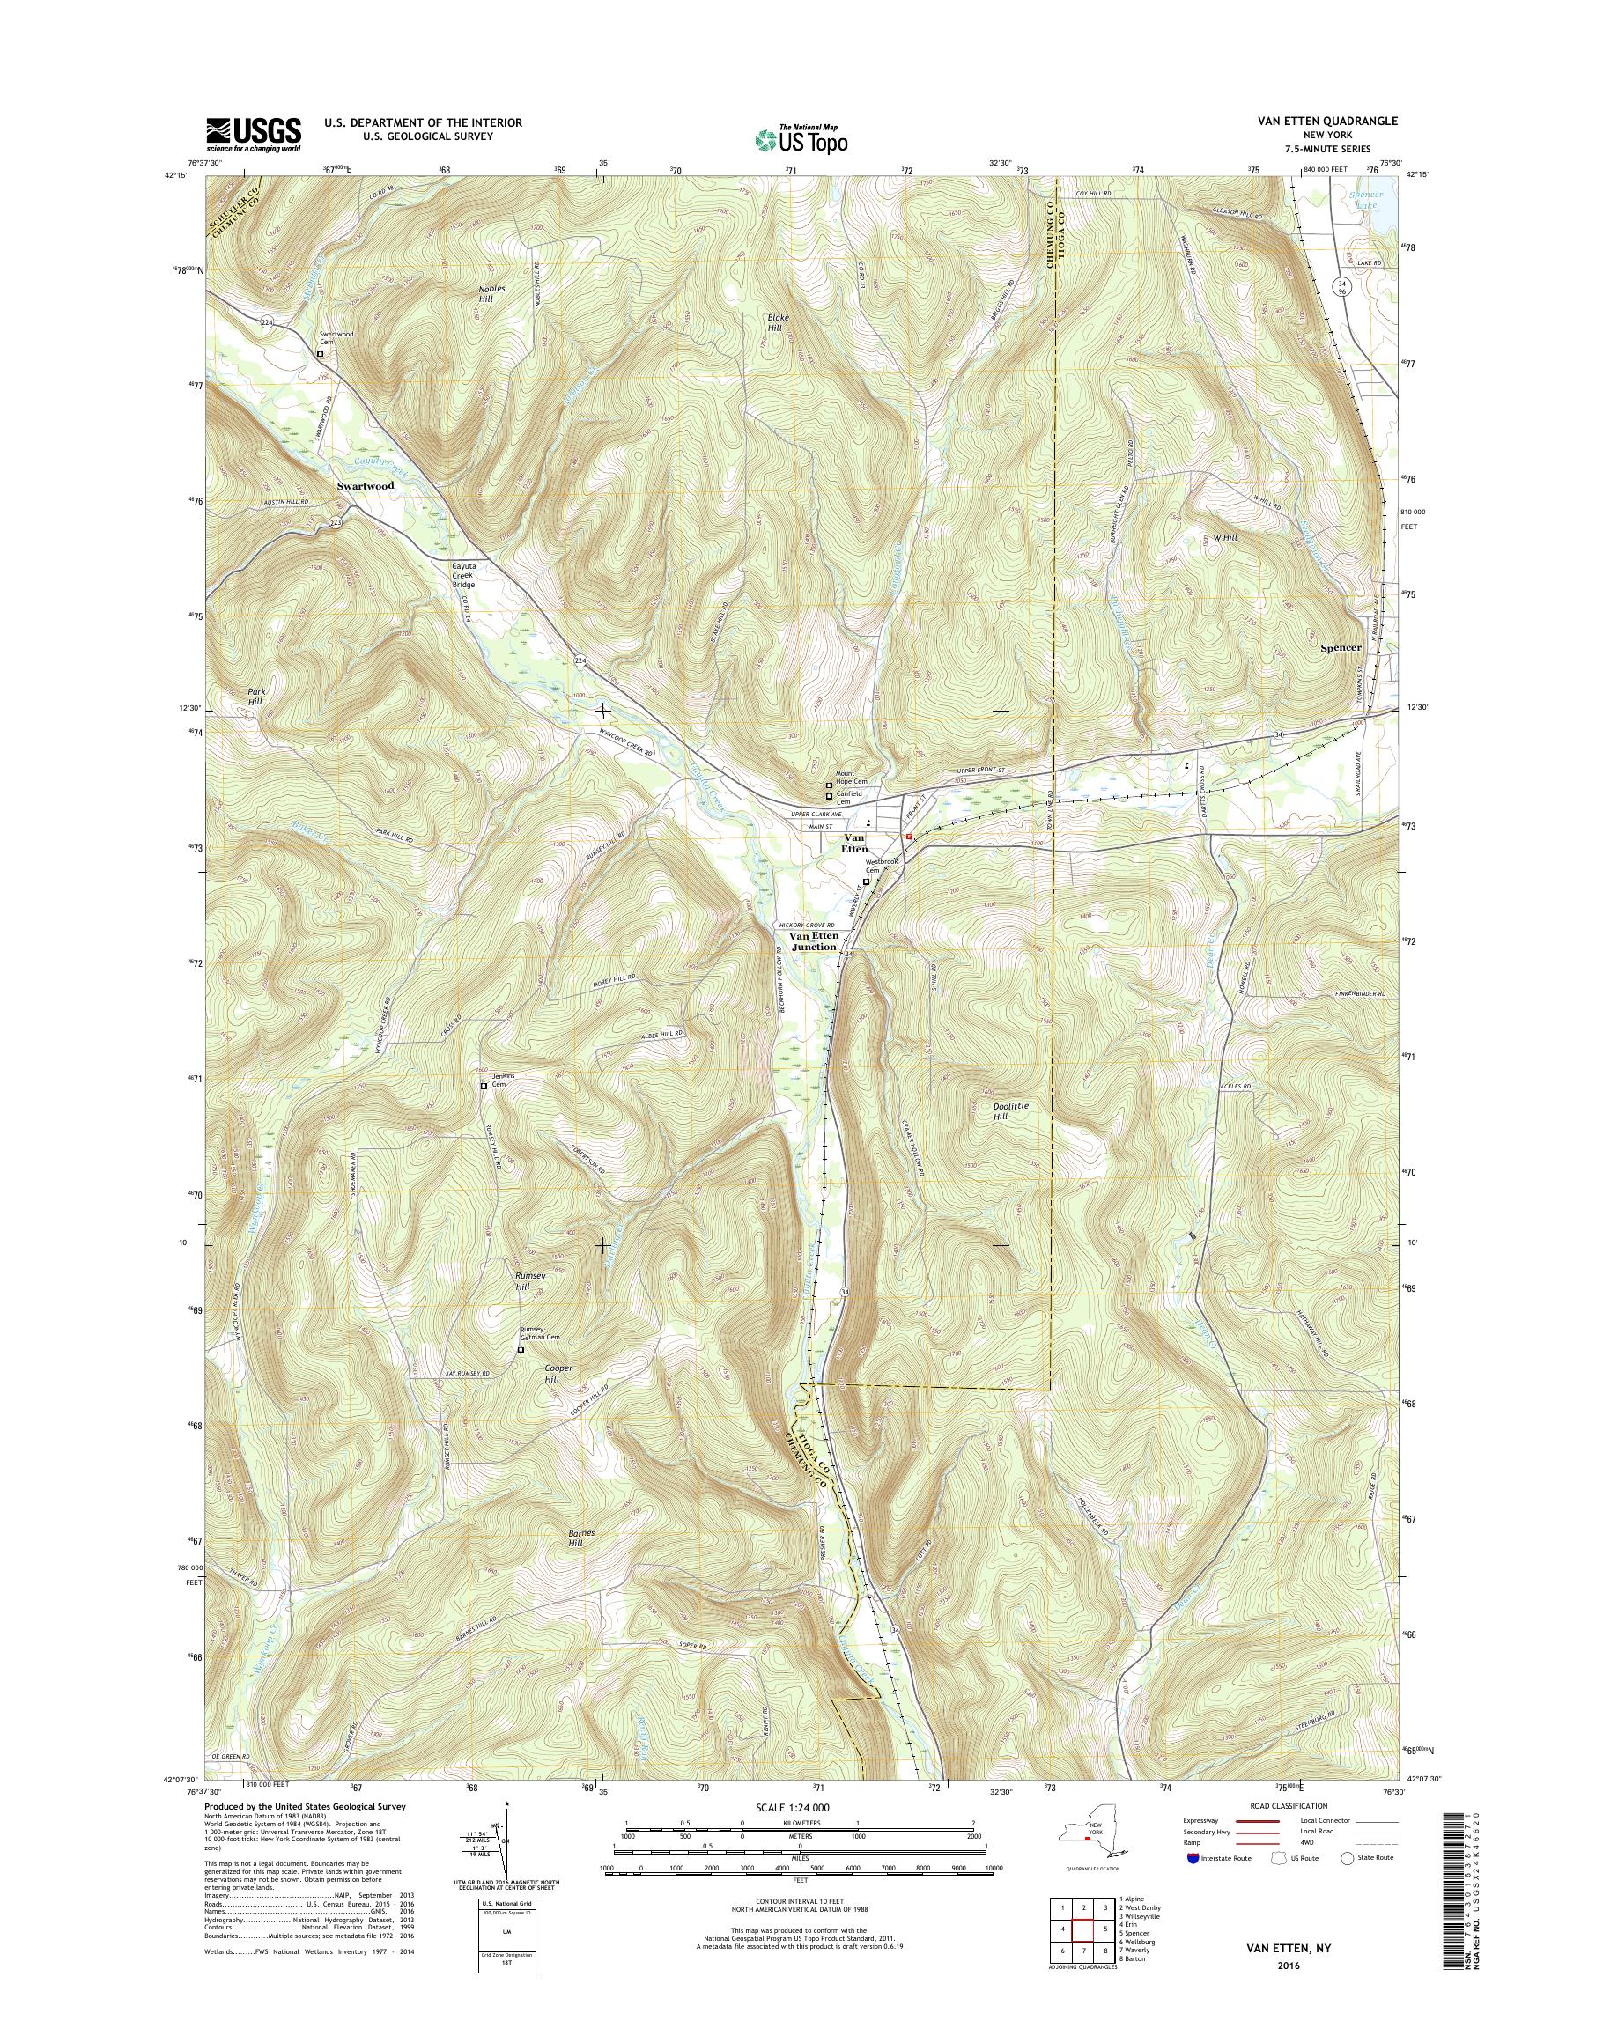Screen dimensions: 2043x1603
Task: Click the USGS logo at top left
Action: [254, 134]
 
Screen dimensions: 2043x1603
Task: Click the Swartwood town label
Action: [366, 487]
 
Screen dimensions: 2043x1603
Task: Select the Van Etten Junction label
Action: [813, 941]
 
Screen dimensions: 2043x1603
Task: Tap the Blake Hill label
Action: [778, 323]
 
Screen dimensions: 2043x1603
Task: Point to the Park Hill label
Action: [255, 697]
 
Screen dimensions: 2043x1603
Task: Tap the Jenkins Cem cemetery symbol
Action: [484, 1086]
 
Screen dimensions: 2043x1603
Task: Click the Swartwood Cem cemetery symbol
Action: [321, 355]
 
